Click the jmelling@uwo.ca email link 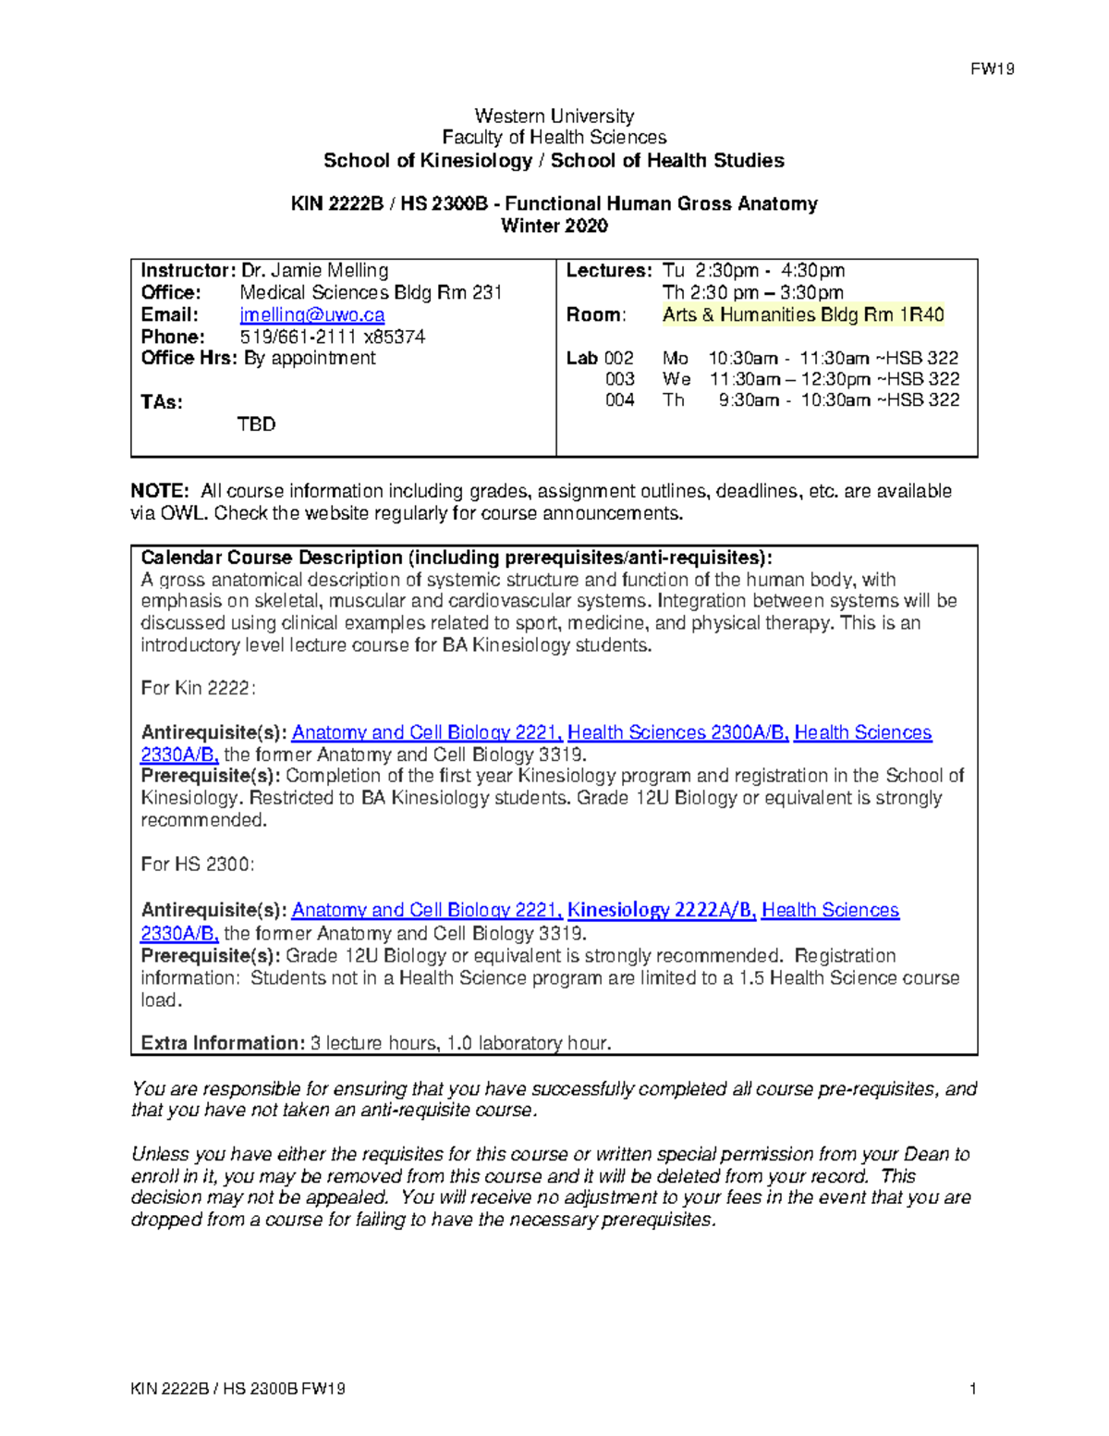(312, 314)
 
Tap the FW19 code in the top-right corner (992, 69)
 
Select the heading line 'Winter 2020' (554, 226)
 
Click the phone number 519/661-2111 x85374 (333, 337)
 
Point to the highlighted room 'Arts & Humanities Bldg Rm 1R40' (802, 314)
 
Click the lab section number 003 (619, 379)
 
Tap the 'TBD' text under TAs (256, 424)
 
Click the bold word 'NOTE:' (160, 491)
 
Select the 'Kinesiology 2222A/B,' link (662, 910)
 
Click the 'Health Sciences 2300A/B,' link (677, 732)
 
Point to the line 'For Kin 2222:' (198, 688)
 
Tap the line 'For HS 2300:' (197, 864)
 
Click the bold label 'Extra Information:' (222, 1043)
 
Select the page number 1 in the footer (973, 1388)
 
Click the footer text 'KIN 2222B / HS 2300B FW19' (238, 1388)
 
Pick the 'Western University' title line (554, 116)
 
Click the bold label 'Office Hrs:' (189, 358)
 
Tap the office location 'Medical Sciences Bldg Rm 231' (371, 292)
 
